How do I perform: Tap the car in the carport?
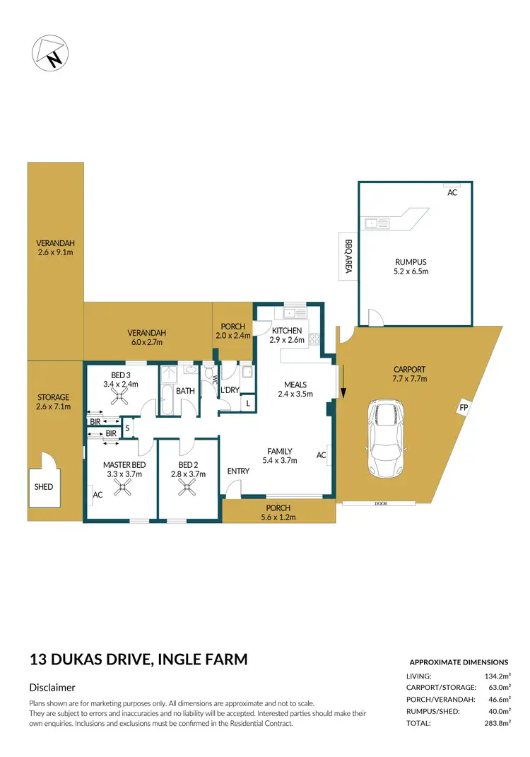(x=385, y=438)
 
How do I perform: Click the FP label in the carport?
(x=464, y=408)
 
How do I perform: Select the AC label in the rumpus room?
(x=452, y=192)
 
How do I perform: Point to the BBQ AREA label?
(x=348, y=256)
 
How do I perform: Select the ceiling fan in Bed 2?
(x=189, y=487)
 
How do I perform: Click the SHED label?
(x=43, y=486)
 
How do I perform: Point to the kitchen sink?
(x=292, y=313)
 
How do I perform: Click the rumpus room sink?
(x=375, y=223)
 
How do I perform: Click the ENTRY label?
(x=237, y=471)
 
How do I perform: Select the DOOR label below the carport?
(x=380, y=503)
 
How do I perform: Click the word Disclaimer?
(x=52, y=687)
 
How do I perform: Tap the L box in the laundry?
(x=247, y=403)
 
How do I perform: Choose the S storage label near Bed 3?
(x=127, y=427)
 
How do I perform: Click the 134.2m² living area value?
(x=495, y=676)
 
